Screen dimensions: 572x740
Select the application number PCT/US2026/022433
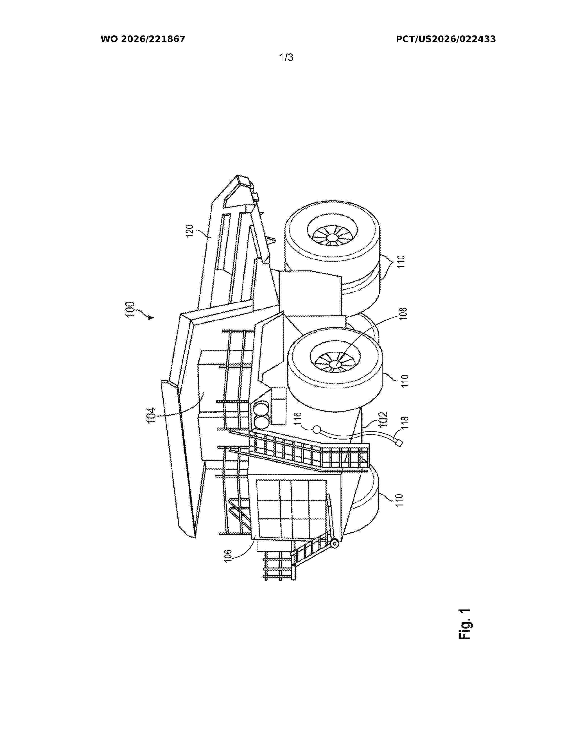[x=446, y=39]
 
